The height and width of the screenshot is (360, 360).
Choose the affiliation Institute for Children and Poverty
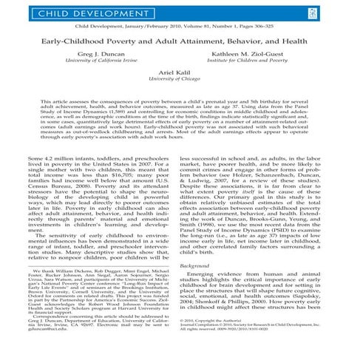coord(251,64)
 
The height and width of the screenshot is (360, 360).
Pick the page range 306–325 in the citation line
coord(282,25)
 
